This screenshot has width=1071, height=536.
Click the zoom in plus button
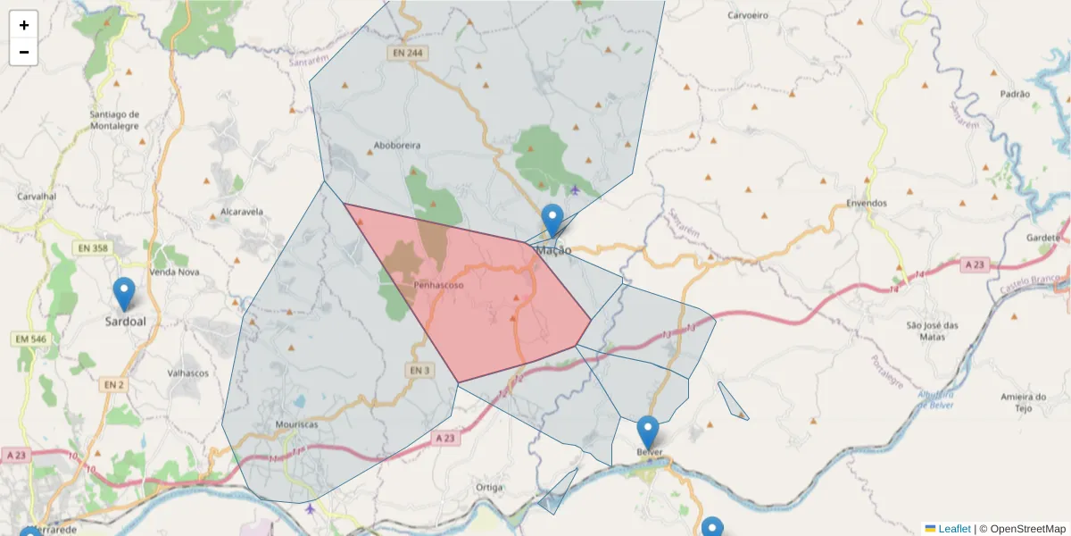tap(24, 25)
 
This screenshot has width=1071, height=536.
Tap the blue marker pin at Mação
tap(552, 220)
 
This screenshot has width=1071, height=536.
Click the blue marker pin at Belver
tap(648, 432)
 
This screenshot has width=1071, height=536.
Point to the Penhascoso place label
tap(438, 285)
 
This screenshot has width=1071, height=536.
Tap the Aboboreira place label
tap(397, 145)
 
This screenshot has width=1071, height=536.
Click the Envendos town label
tap(867, 203)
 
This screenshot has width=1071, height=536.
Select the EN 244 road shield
tap(407, 54)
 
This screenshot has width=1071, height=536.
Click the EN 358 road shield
tap(94, 247)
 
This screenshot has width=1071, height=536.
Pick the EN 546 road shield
tap(29, 339)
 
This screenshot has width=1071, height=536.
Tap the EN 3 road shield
tap(420, 370)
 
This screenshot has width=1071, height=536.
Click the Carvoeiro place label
tap(748, 15)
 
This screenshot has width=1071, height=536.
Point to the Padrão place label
tap(1015, 94)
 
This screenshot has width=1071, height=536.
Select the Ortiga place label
tap(490, 487)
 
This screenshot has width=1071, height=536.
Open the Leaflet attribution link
tap(953, 529)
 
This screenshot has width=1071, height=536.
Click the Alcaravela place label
tap(241, 212)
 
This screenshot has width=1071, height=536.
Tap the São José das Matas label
tap(932, 331)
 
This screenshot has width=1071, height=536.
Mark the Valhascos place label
tap(187, 373)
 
